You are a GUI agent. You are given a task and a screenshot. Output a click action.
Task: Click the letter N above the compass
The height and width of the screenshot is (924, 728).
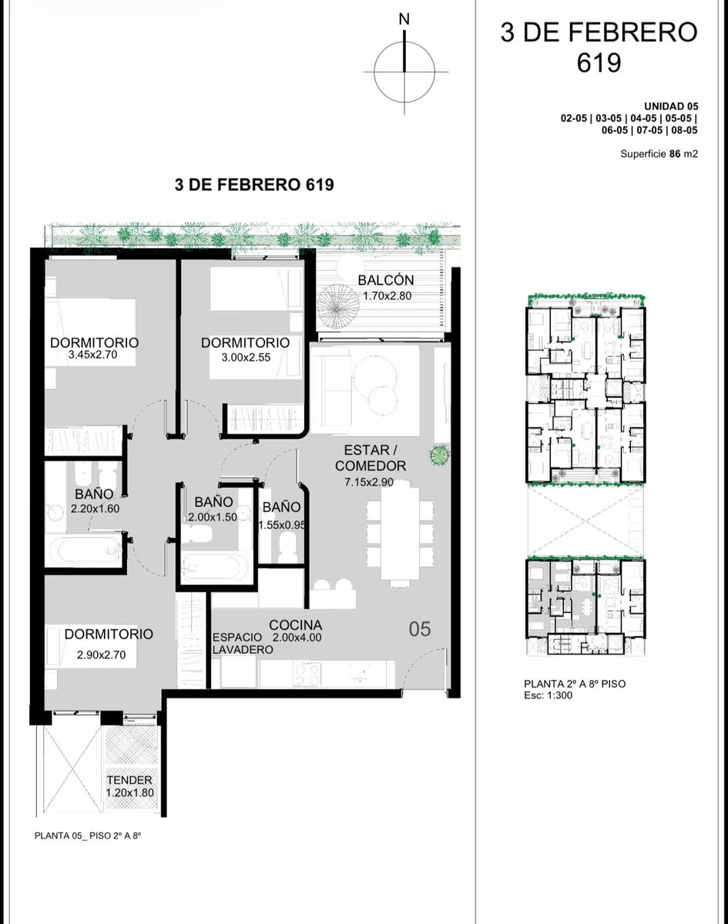404,19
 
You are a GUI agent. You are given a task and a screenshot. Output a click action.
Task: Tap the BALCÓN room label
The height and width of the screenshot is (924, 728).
386,280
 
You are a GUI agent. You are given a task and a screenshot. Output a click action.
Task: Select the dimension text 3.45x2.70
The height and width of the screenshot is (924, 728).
92,355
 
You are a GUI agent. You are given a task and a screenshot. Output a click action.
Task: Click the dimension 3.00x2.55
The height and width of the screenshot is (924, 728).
246,357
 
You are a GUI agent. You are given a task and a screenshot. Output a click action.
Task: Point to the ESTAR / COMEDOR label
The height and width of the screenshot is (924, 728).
371,457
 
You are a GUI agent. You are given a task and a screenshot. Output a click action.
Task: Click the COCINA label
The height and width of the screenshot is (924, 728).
296,625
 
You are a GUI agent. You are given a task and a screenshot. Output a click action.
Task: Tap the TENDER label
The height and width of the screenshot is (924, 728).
129,780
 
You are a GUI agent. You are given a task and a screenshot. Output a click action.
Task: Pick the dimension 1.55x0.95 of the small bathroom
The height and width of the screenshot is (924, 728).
282,525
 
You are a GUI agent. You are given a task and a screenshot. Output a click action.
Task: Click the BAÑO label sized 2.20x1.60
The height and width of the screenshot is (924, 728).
94,494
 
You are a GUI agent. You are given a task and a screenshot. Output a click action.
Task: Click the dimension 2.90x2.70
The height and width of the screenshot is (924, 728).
102,654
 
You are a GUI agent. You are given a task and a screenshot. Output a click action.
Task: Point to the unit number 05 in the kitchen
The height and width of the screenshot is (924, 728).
419,629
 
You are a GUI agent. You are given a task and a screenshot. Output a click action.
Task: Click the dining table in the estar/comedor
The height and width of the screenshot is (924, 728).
400,532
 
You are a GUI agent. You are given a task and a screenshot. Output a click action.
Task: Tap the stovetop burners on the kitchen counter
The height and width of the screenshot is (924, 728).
307,673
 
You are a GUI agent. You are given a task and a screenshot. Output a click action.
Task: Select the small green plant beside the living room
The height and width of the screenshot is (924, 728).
440,454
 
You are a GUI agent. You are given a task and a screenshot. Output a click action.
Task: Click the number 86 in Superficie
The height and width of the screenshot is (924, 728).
675,154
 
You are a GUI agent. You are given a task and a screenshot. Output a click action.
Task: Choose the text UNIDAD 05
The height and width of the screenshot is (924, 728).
671,106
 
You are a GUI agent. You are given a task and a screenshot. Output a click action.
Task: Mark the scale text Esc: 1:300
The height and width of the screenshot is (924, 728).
548,695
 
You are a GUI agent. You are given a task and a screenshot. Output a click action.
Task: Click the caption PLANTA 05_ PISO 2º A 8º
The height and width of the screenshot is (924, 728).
88,835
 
